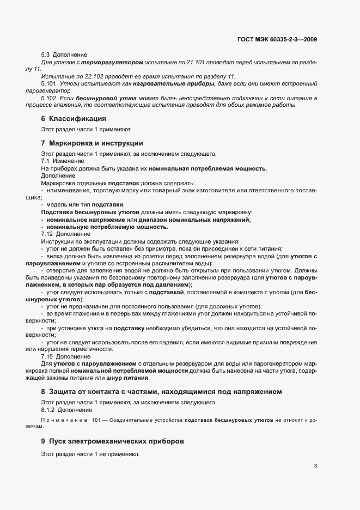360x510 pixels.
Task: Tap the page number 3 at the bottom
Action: tap(316, 466)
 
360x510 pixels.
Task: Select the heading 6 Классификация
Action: tap(73, 119)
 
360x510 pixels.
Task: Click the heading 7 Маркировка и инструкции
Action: tap(91, 143)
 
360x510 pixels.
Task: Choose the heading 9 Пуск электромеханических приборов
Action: tap(113, 440)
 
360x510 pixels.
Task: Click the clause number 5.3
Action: tap(46, 54)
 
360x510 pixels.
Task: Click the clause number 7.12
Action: tap(47, 234)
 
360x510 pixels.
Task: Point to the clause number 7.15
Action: tap(47, 356)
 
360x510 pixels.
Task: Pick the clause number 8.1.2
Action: tap(49, 409)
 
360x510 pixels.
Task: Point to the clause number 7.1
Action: tap(46, 161)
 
